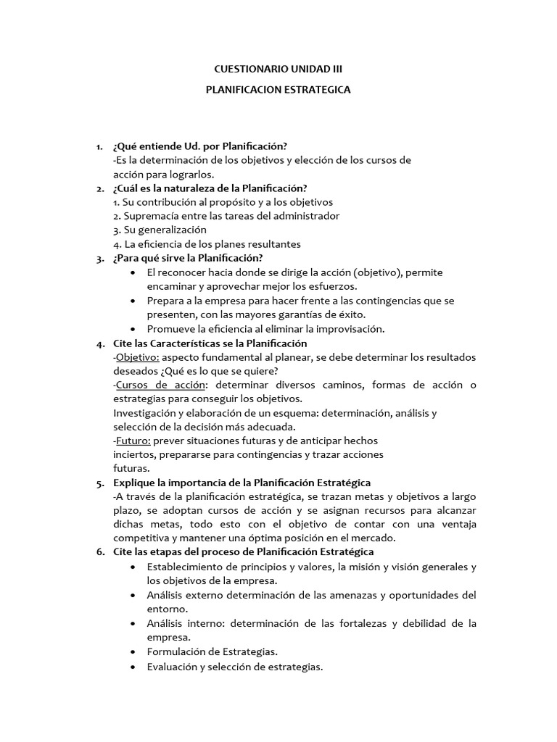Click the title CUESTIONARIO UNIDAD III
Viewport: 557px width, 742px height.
coord(278,69)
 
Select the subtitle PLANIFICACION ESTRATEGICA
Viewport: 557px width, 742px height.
coord(278,90)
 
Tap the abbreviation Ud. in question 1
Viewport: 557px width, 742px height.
coord(183,147)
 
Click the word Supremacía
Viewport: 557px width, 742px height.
coord(149,216)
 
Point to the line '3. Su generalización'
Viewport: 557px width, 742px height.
coord(154,230)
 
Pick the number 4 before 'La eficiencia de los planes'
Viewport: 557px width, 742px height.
coord(116,244)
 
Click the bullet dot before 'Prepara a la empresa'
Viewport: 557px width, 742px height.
coord(131,300)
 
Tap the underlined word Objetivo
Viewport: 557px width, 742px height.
coord(137,357)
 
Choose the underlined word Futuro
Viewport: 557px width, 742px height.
coord(132,441)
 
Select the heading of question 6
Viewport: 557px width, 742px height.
coord(244,552)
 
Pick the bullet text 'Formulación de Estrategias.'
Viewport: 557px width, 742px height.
coord(212,651)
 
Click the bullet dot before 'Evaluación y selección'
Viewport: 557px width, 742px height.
coord(131,667)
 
